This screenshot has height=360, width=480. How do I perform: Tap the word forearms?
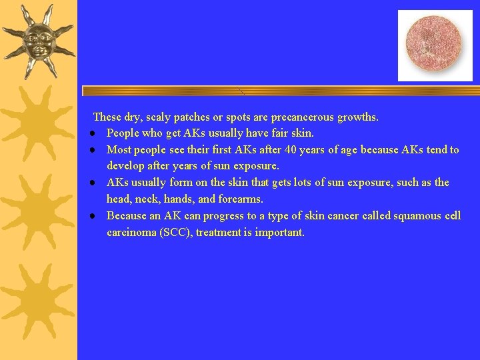point(240,199)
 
